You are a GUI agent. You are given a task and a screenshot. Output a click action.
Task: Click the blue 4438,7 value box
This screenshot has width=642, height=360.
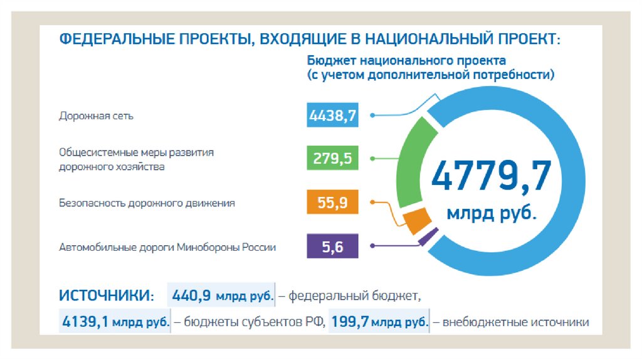(x=333, y=115)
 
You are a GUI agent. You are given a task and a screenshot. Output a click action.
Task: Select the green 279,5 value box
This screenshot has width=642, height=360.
(x=333, y=158)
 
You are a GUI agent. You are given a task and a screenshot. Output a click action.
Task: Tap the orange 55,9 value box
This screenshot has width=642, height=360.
(x=333, y=203)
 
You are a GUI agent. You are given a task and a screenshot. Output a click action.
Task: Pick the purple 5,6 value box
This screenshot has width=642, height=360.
(x=333, y=246)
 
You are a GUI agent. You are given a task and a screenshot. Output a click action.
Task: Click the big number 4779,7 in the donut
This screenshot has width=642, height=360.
(x=492, y=176)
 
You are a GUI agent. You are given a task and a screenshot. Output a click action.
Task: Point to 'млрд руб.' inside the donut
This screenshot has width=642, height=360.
(x=492, y=213)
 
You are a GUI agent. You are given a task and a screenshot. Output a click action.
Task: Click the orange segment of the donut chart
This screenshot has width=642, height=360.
(x=416, y=220)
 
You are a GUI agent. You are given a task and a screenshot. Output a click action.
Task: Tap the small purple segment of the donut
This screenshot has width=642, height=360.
(x=429, y=236)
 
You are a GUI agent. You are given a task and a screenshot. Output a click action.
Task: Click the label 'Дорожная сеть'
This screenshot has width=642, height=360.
(x=96, y=116)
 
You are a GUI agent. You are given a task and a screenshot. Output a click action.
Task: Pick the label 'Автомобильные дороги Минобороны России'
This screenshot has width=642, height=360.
(x=167, y=247)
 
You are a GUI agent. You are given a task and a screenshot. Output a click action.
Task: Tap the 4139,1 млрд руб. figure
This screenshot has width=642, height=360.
(x=115, y=322)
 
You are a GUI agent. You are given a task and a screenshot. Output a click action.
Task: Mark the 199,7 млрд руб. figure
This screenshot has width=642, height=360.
(x=380, y=322)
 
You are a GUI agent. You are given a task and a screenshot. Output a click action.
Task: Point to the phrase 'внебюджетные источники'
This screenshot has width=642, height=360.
(x=516, y=323)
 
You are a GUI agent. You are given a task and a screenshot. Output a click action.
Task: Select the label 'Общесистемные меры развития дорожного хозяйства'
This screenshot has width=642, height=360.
(x=137, y=159)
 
